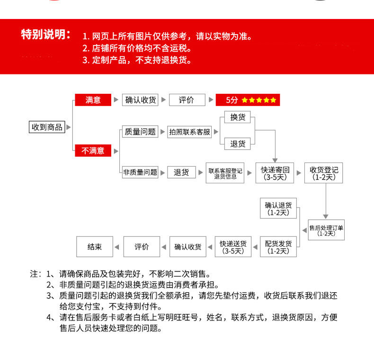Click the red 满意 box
[x=93, y=100]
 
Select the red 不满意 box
[x=93, y=151]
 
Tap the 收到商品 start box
[x=47, y=127]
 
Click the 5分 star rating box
[x=248, y=100]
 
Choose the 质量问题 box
[x=140, y=132]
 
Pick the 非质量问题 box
[x=140, y=172]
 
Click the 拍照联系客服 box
[x=189, y=132]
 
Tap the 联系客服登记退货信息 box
[x=225, y=173]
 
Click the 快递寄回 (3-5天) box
[x=275, y=173]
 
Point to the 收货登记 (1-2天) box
[x=323, y=173]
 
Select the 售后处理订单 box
[x=326, y=230]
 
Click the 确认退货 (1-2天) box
[x=278, y=209]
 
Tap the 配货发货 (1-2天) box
[x=278, y=247]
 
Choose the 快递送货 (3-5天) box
[x=233, y=247]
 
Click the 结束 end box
[x=95, y=247]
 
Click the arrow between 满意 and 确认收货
[x=116, y=100]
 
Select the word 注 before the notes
[x=34, y=274]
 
